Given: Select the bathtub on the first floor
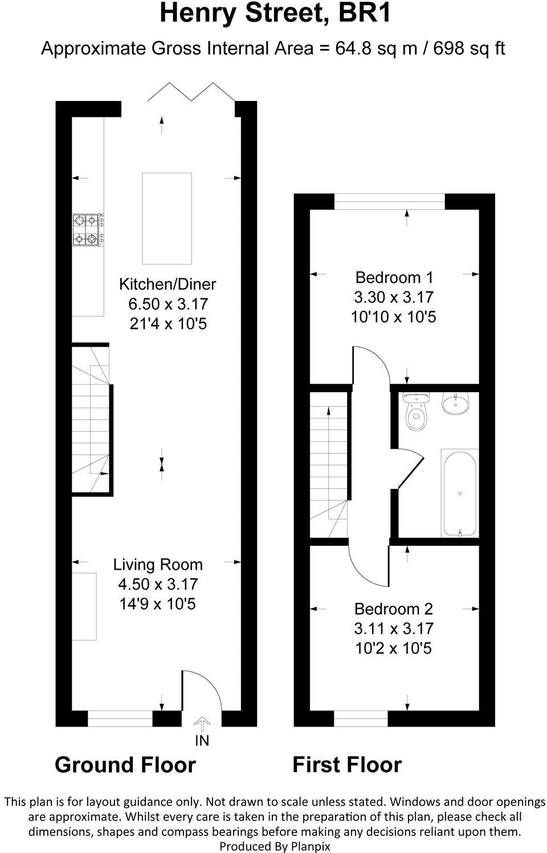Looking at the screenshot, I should [x=459, y=493].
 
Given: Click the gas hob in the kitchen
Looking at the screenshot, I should [x=87, y=230].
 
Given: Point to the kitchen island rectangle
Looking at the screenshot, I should [x=166, y=218].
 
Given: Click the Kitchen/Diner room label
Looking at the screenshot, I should [x=168, y=283].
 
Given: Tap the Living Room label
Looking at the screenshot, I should [x=158, y=564].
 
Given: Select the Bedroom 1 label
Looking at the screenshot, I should [x=394, y=278].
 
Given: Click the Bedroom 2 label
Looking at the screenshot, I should [x=394, y=608].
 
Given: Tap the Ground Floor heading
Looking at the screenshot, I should [x=125, y=765].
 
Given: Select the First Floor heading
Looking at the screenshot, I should [x=347, y=765].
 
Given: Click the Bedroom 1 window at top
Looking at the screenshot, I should [x=389, y=202].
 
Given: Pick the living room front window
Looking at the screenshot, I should [x=120, y=718].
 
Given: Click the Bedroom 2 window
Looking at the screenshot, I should [x=361, y=718].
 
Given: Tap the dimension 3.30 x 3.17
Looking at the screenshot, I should [x=394, y=297].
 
